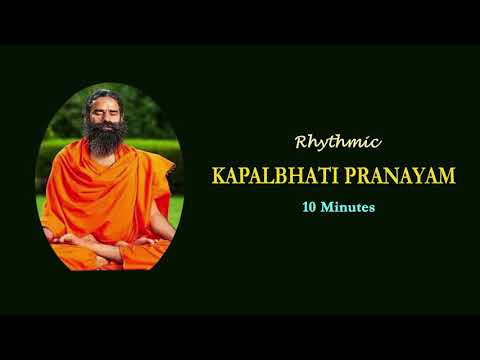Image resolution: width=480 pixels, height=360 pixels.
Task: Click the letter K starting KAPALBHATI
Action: (x=218, y=176)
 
